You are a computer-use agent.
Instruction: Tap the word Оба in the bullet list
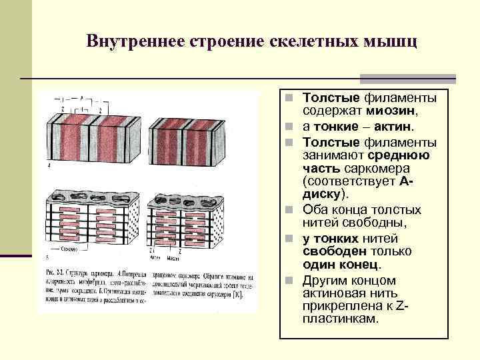click(x=315, y=210)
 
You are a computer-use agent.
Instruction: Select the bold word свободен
click(x=327, y=252)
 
